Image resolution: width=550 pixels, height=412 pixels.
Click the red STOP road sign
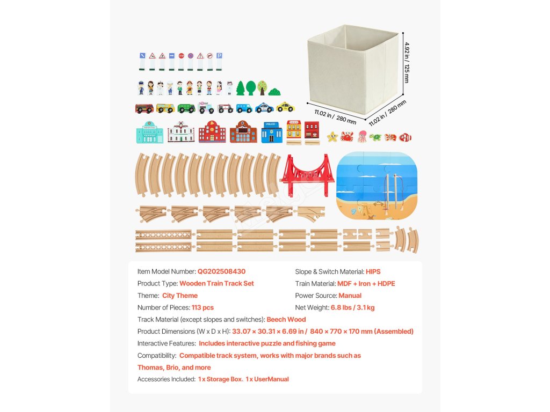click(181, 56)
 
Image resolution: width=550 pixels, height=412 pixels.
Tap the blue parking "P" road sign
click(219, 56)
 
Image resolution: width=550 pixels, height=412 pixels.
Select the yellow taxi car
click(285, 107)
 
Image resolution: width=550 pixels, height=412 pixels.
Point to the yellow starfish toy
click(332, 136)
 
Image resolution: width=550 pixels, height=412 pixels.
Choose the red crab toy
click(347, 136)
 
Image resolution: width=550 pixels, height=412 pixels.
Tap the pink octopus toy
click(362, 136)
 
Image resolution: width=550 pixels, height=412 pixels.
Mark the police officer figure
click(141, 87)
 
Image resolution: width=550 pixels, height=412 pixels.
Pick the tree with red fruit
click(262, 87)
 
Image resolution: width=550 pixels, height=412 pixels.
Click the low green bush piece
click(274, 92)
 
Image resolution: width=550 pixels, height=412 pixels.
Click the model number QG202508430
click(221, 271)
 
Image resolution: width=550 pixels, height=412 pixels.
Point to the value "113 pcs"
click(202, 307)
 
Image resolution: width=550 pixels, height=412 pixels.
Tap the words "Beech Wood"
click(286, 319)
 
